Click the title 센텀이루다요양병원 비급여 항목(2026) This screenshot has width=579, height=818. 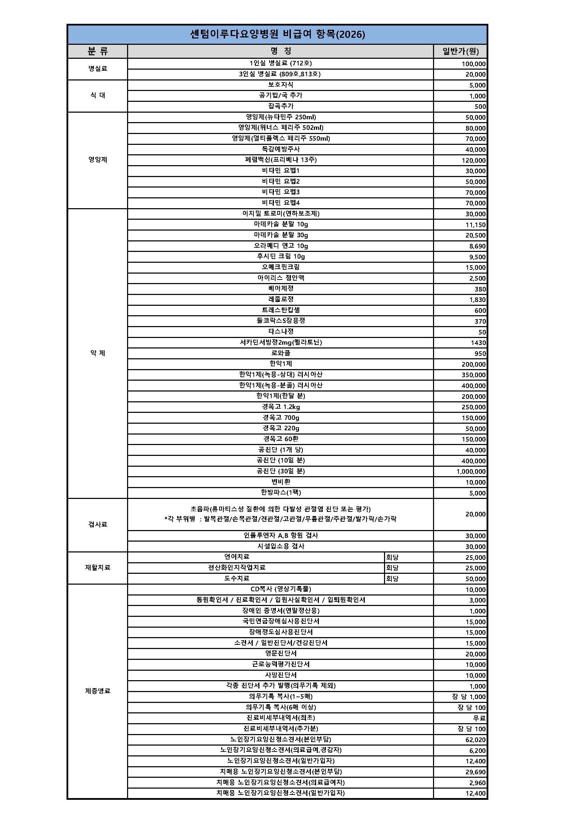click(x=277, y=35)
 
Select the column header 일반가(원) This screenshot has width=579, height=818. click(x=460, y=51)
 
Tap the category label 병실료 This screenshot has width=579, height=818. click(x=98, y=69)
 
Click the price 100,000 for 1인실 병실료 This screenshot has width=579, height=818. click(x=474, y=64)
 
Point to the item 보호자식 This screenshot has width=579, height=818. click(x=281, y=85)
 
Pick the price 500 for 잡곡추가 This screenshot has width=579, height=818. click(x=480, y=106)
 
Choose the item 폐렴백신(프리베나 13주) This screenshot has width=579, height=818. click(x=281, y=160)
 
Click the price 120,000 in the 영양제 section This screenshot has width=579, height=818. click(x=474, y=160)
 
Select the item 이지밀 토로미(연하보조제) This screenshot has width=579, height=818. click(x=281, y=214)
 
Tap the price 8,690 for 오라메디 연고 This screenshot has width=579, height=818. click(x=477, y=246)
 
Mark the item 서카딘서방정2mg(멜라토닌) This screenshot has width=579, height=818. click(x=281, y=343)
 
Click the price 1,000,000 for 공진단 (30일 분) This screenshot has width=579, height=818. click(x=471, y=472)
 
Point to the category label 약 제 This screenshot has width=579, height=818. click(x=98, y=353)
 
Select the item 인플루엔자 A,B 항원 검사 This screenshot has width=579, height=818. click(x=281, y=535)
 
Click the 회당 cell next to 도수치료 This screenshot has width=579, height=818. click(x=392, y=579)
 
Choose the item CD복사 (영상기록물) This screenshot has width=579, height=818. click(x=281, y=589)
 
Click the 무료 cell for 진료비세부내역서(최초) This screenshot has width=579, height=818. click(x=479, y=718)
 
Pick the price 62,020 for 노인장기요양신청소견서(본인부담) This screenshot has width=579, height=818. click(x=475, y=740)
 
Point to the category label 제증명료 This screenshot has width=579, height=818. click(x=98, y=691)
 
